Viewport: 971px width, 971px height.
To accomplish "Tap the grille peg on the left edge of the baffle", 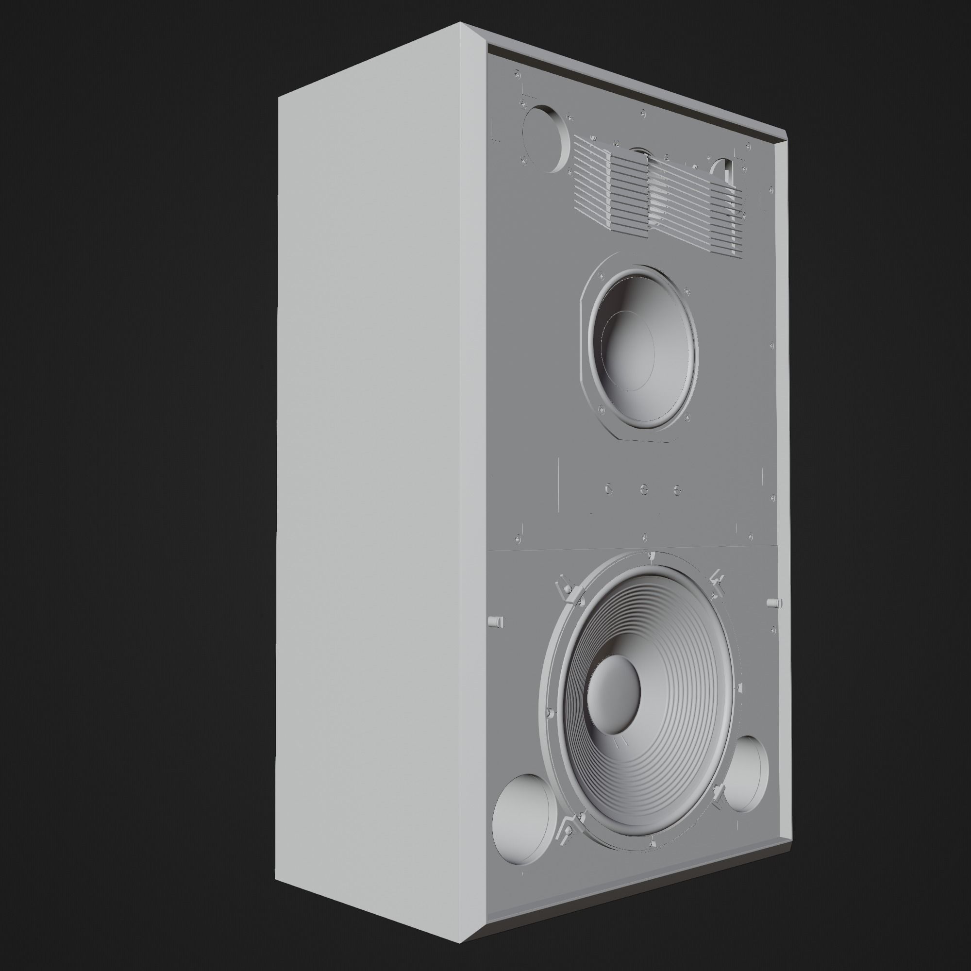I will pyautogui.click(x=496, y=622).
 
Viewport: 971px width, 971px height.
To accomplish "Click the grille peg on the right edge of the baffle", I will pyautogui.click(x=774, y=603).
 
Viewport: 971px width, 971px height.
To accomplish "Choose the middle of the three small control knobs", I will pyautogui.click(x=644, y=488).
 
